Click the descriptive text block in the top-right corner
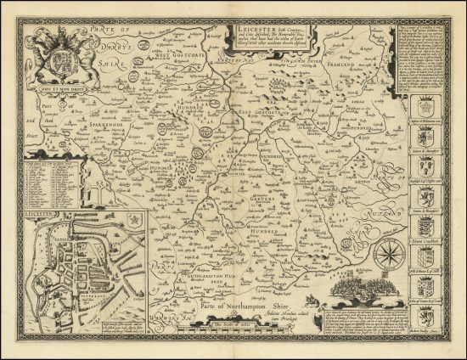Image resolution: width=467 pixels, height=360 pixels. click(x=423, y=59)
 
